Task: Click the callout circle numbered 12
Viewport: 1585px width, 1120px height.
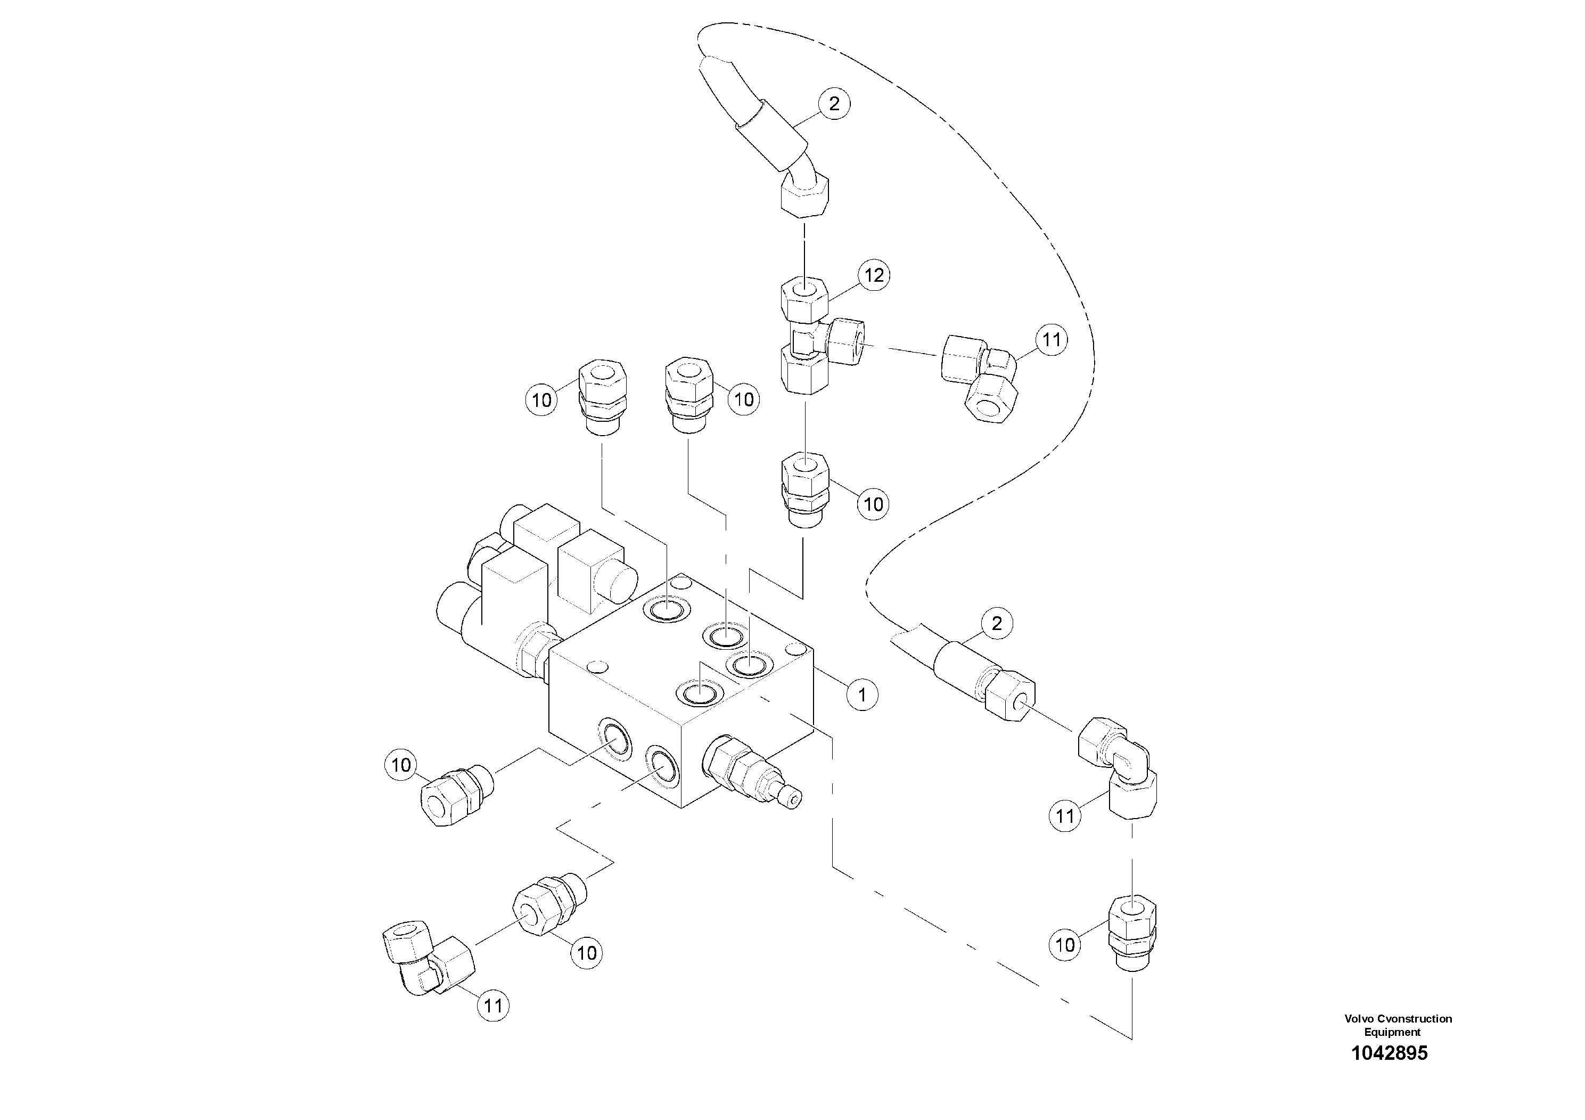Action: [874, 275]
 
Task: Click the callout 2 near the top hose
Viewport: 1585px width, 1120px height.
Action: [834, 104]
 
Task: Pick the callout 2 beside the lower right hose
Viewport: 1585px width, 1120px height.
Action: [996, 624]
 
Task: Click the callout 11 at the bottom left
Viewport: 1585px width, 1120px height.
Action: [493, 1006]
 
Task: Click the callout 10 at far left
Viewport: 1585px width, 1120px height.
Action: [400, 765]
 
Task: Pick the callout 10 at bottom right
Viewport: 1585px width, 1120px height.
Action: [1065, 945]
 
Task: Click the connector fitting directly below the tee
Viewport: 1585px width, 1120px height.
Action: [804, 490]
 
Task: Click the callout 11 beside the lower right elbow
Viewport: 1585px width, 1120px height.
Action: [1065, 817]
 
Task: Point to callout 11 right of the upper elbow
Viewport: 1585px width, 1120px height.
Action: [1050, 340]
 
